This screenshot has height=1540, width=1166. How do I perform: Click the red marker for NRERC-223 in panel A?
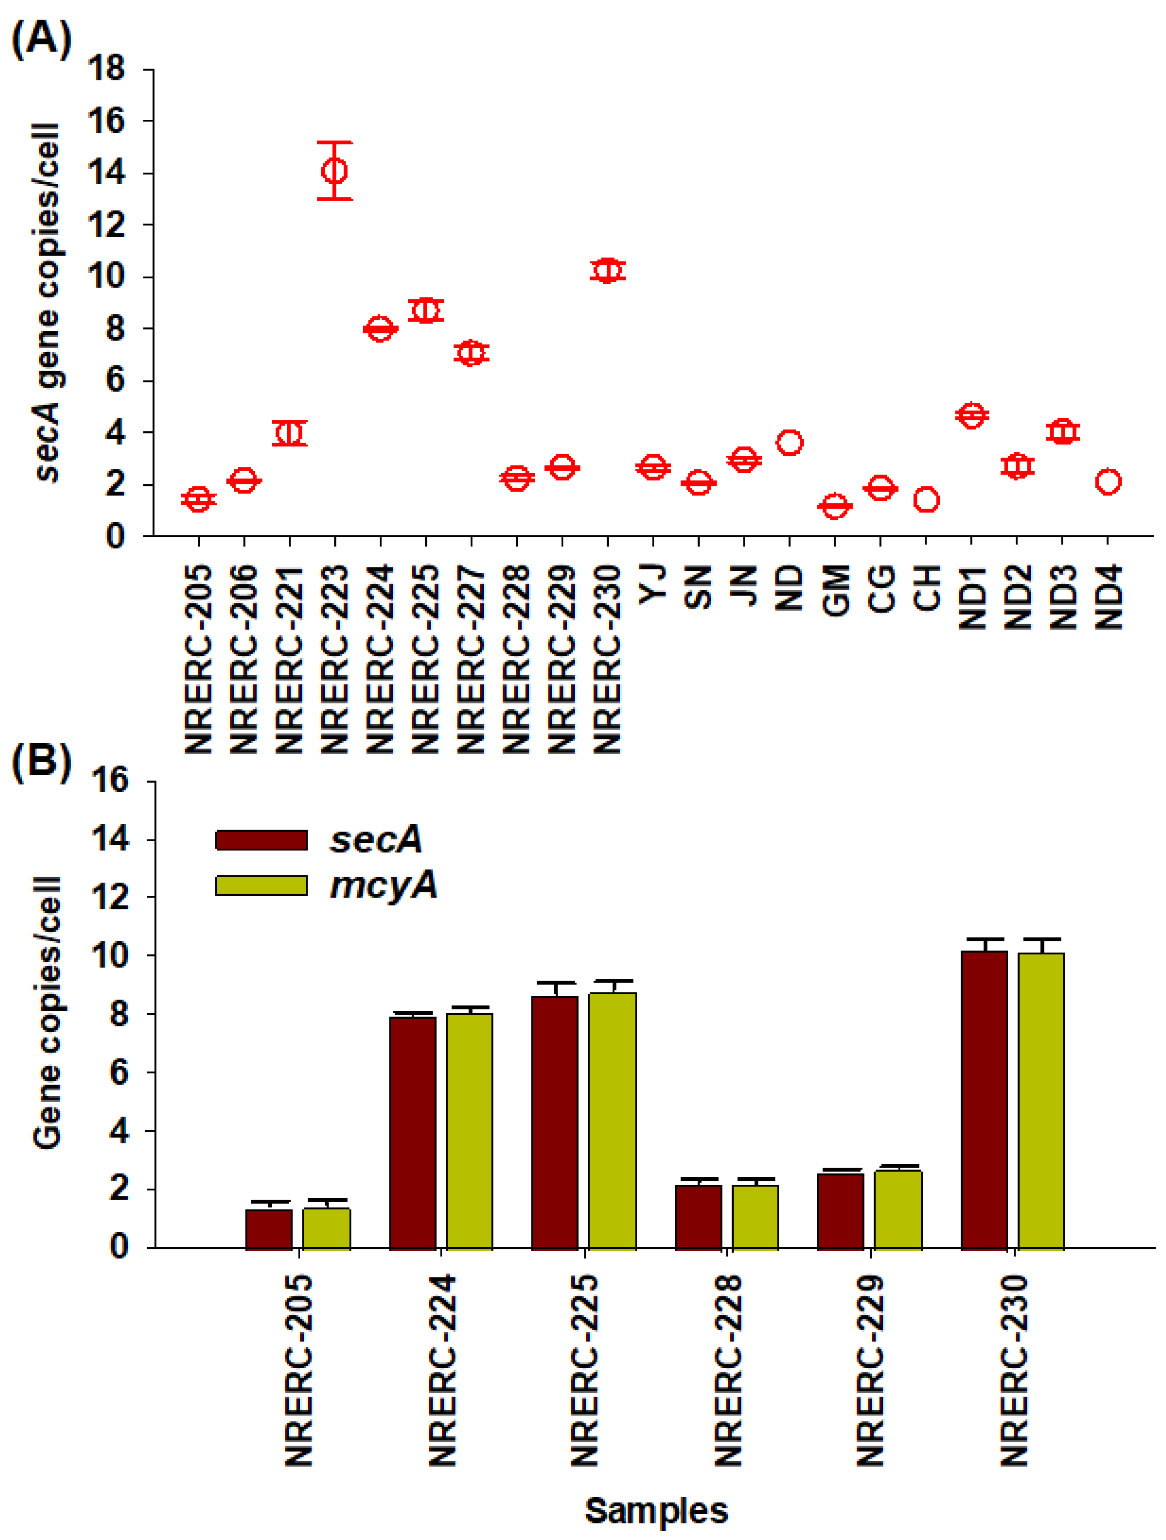[x=335, y=170]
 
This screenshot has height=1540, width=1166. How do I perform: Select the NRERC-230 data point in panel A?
[x=608, y=271]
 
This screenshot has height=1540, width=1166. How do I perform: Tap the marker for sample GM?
[x=835, y=506]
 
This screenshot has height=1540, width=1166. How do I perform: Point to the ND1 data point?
[x=972, y=415]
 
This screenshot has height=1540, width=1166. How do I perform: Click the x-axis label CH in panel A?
[x=927, y=588]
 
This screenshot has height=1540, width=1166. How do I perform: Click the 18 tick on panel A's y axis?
[x=106, y=69]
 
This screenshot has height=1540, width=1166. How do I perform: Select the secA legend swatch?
[x=261, y=839]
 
